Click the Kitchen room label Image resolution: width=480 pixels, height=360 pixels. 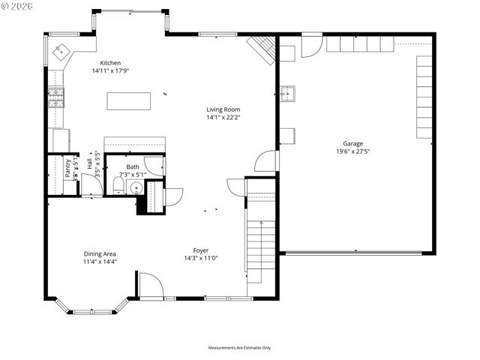pyautogui.click(x=110, y=63)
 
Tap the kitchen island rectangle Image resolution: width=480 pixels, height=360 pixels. pyautogui.click(x=128, y=100)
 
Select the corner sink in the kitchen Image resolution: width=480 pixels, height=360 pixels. pyautogui.click(x=59, y=52)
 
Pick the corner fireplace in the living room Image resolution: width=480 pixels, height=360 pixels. pyautogui.click(x=263, y=48)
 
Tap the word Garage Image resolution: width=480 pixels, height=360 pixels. pyautogui.click(x=353, y=143)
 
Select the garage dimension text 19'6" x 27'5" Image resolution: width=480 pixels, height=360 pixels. pyautogui.click(x=353, y=151)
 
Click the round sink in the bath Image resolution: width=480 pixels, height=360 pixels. pyautogui.click(x=136, y=187)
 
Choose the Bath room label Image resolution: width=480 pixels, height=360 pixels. pyautogui.click(x=133, y=167)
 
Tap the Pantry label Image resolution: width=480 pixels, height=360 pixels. pyautogui.click(x=67, y=165)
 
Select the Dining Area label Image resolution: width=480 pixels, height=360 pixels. pyautogui.click(x=100, y=253)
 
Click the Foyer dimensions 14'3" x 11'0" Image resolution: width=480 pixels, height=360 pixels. pyautogui.click(x=201, y=258)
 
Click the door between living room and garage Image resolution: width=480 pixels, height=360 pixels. pyautogui.click(x=265, y=160)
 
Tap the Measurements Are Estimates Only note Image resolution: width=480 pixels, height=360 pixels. pyautogui.click(x=239, y=348)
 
